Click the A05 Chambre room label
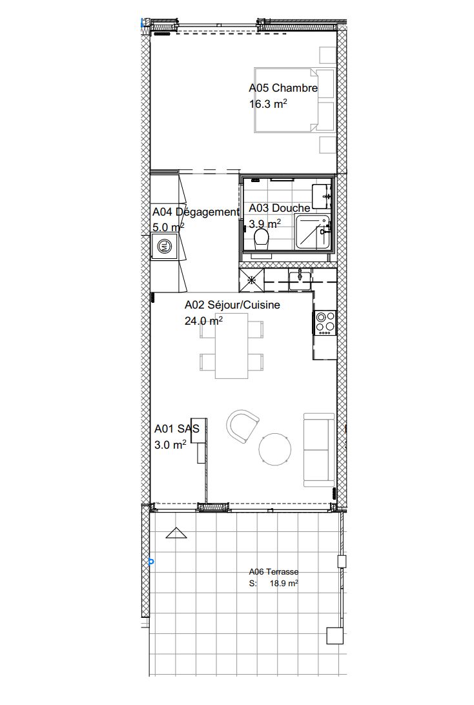(283, 88)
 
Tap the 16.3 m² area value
(267, 103)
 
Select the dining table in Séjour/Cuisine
(231, 345)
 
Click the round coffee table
(275, 449)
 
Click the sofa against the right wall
(318, 450)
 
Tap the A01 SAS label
(177, 428)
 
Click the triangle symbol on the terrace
(175, 534)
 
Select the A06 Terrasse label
(273, 571)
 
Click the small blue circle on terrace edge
(151, 562)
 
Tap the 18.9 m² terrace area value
(283, 583)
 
